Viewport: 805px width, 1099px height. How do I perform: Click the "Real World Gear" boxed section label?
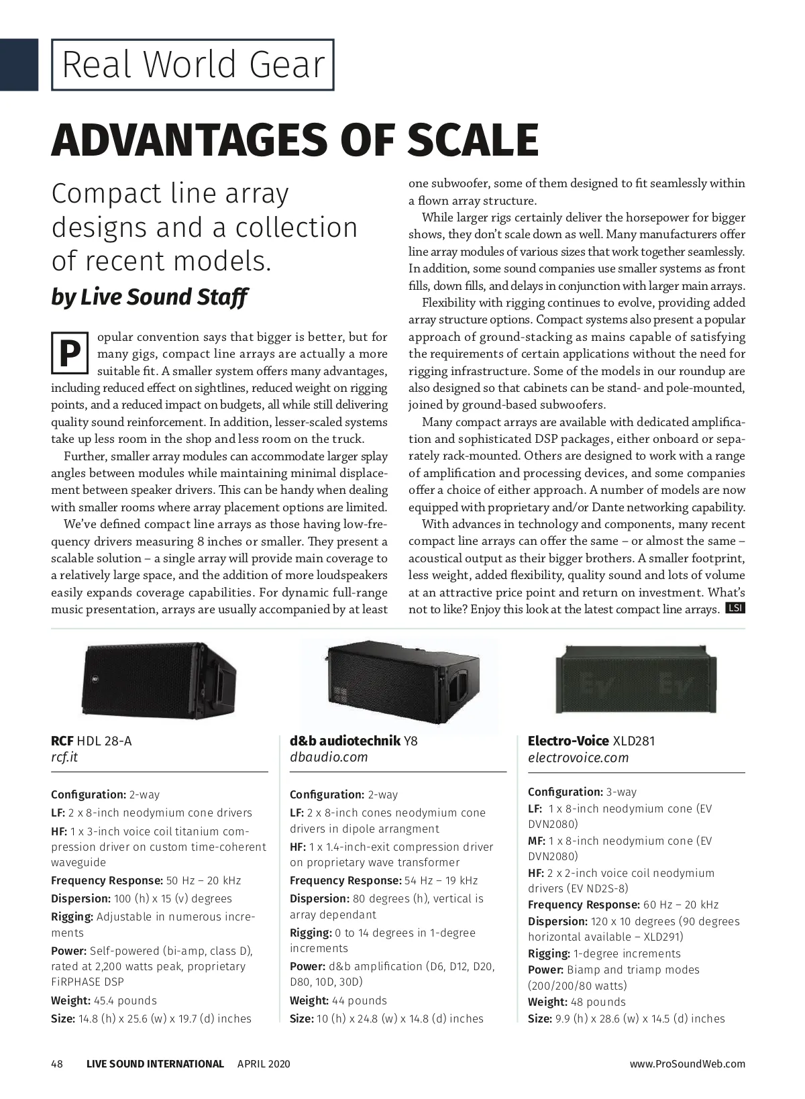point(193,64)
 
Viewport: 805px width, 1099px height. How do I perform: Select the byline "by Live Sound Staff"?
point(150,297)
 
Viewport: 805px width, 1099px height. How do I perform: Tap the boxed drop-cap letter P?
point(69,354)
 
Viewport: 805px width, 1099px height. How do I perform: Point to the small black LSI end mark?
point(735,609)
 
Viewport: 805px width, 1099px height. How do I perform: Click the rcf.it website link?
point(64,757)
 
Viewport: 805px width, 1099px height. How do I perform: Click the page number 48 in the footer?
point(57,1063)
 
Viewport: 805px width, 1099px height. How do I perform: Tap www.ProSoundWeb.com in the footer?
point(687,1063)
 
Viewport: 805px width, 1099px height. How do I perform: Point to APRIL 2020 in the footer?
point(264,1063)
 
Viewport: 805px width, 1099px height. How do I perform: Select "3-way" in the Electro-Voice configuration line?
point(621,792)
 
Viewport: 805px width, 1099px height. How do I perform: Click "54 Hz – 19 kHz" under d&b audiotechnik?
point(439,880)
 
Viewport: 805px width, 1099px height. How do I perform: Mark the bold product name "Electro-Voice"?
point(568,741)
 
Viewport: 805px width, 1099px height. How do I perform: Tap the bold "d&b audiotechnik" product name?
point(345,741)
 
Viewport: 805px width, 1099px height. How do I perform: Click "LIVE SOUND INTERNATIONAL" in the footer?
point(155,1063)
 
